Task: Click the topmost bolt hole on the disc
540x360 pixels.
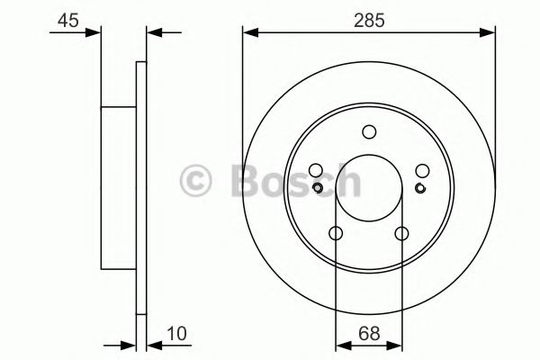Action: point(369,132)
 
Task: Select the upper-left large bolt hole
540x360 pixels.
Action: point(315,171)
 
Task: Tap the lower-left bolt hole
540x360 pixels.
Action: point(336,234)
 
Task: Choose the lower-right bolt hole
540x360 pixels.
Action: point(401,234)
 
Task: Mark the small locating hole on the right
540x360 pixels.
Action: point(419,187)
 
